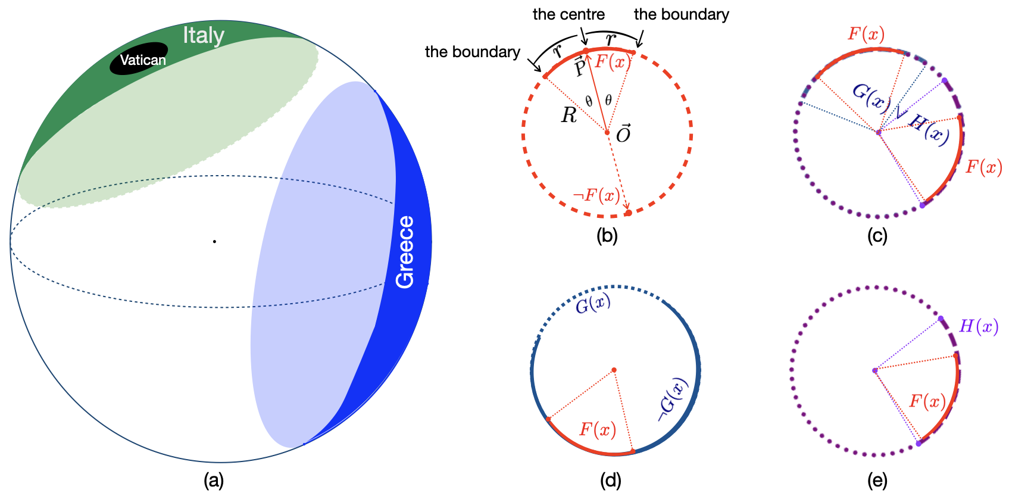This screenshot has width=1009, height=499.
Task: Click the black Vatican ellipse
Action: (x=139, y=58)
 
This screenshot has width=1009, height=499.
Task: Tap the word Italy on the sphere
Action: (x=204, y=35)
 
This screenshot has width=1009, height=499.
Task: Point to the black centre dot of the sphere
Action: (x=214, y=241)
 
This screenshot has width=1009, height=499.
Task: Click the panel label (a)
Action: (x=214, y=480)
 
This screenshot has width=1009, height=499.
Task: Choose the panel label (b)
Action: (x=607, y=236)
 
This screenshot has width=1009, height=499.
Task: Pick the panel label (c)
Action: (x=877, y=236)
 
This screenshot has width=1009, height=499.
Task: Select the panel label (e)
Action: (x=877, y=480)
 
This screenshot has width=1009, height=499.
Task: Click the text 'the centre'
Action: (x=568, y=14)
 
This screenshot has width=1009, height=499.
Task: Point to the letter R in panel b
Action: (x=569, y=116)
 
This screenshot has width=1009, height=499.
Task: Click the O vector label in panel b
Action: (x=623, y=134)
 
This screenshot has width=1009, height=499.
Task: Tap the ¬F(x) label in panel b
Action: (x=596, y=195)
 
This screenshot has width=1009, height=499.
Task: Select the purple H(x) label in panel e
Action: (x=979, y=326)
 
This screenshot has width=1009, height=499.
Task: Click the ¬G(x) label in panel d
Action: (x=673, y=400)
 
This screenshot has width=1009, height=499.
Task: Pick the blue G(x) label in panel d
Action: (x=593, y=304)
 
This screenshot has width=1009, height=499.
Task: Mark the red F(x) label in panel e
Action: (x=927, y=402)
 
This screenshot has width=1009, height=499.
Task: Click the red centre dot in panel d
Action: (x=614, y=370)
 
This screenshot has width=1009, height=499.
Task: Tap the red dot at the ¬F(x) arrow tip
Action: (x=628, y=213)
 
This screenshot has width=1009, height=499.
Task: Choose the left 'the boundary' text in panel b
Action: (x=473, y=52)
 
